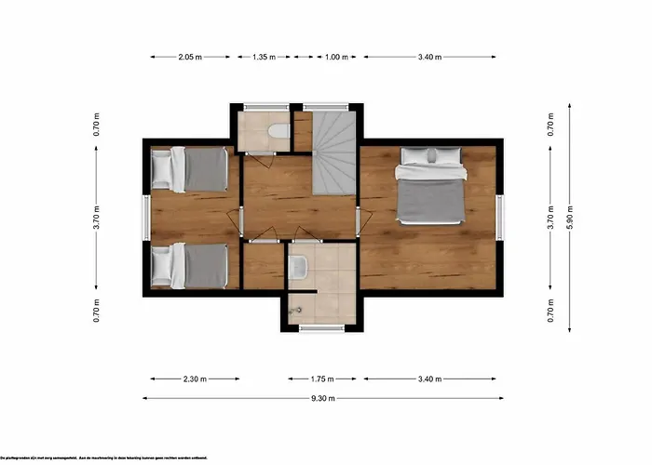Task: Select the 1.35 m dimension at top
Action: [x=265, y=57]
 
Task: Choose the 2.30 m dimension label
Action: [x=196, y=379]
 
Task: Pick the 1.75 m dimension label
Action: [x=322, y=379]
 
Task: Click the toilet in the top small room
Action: [x=277, y=134]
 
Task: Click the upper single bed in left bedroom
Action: [x=190, y=168]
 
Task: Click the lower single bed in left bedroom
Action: [x=190, y=265]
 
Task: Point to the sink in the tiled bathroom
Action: [x=298, y=269]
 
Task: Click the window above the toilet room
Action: [x=263, y=106]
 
